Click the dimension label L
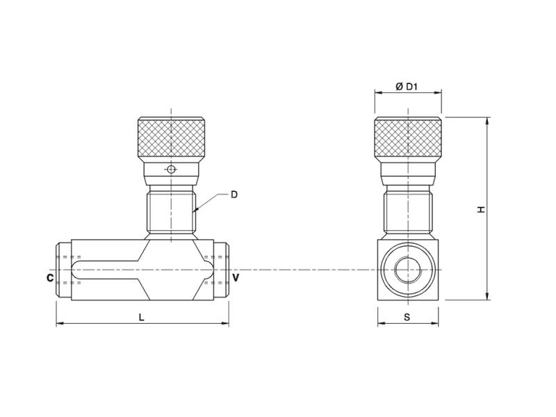coord(141,317)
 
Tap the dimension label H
coord(481,208)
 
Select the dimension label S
coord(408,317)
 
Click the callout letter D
coord(234,195)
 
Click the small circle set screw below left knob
coord(171,169)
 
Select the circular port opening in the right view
coord(408,270)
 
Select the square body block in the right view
coord(408,270)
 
